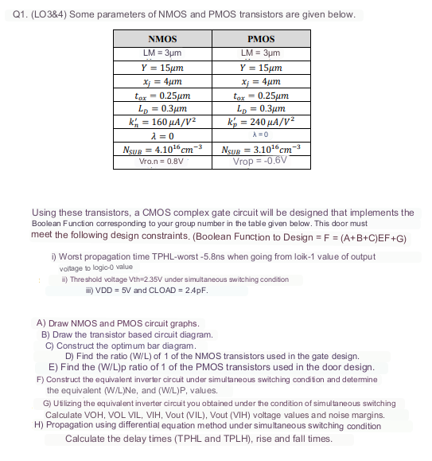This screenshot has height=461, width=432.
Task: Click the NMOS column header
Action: click(162, 39)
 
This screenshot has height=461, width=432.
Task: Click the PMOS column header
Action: click(261, 39)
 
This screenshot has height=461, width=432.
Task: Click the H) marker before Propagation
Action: click(39, 426)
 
